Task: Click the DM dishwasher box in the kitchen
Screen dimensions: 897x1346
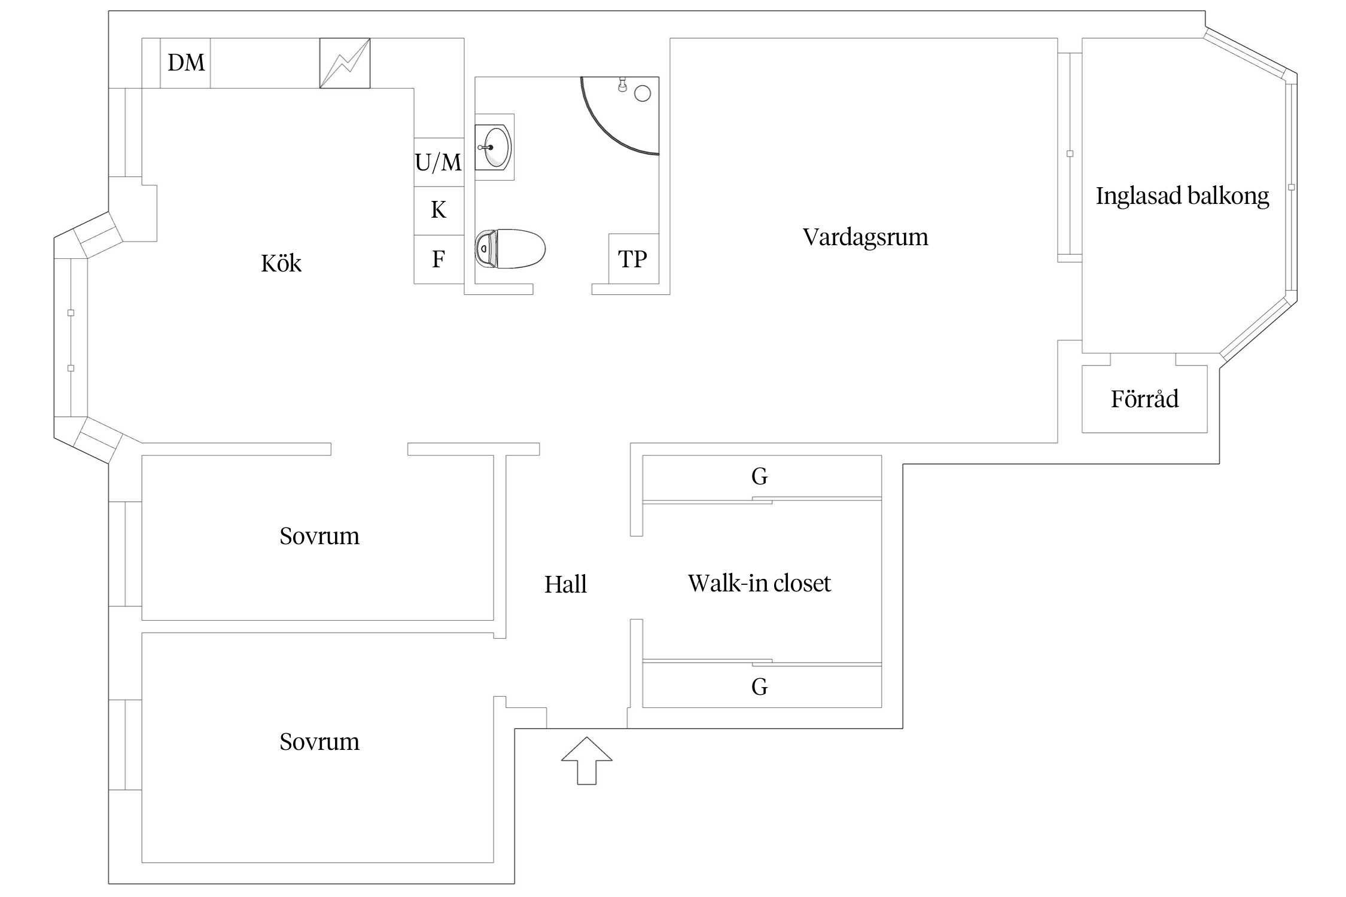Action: [x=185, y=63]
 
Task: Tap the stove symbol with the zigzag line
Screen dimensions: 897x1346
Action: [x=345, y=63]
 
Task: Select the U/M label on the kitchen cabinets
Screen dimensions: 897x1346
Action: [x=438, y=162]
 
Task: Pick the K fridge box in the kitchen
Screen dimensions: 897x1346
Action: [x=438, y=210]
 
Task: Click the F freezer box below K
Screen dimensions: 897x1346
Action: [x=438, y=259]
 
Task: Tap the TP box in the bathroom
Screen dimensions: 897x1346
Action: [x=633, y=259]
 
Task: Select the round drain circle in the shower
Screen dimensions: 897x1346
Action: [x=642, y=93]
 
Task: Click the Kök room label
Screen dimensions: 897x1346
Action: [x=281, y=264]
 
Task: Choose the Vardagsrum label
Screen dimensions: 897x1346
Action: [x=865, y=237]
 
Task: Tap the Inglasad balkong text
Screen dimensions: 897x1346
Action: [x=1182, y=196]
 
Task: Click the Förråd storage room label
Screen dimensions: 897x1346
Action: [x=1144, y=399]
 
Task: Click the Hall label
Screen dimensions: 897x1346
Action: [x=565, y=584]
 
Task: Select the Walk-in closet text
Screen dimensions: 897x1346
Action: [x=759, y=583]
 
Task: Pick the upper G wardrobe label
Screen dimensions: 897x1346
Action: [x=759, y=477]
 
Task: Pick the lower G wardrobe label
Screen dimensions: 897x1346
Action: [x=759, y=687]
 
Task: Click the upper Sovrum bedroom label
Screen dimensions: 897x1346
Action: [x=319, y=536]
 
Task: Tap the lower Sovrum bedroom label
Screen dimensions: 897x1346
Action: [x=319, y=742]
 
